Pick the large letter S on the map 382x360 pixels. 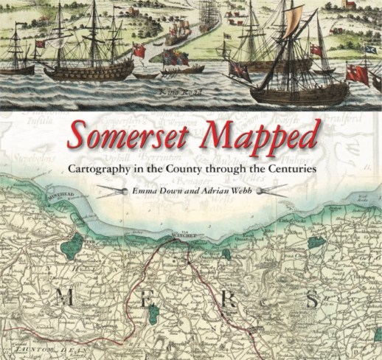(x=312, y=300)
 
